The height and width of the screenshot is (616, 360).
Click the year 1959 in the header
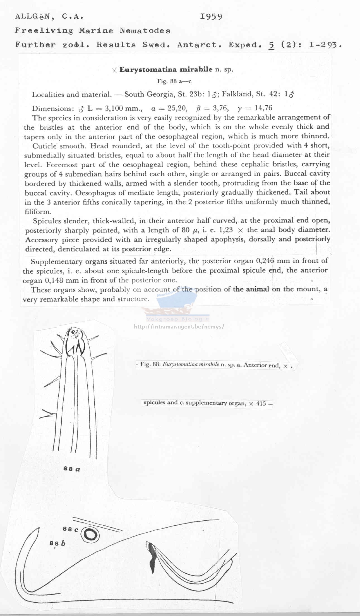(x=211, y=17)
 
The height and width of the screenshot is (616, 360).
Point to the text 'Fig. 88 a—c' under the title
(x=174, y=81)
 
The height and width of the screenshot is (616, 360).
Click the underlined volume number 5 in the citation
(x=271, y=45)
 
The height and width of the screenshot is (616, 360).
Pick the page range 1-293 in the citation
(x=325, y=45)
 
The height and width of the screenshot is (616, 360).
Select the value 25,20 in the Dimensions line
(x=177, y=108)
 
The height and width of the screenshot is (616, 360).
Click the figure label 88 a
(x=72, y=469)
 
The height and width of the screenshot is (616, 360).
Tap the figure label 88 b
(x=57, y=543)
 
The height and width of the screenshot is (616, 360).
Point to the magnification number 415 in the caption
(x=261, y=404)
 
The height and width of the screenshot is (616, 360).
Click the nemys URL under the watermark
(x=179, y=327)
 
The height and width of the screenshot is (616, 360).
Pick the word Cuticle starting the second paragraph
(x=45, y=146)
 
